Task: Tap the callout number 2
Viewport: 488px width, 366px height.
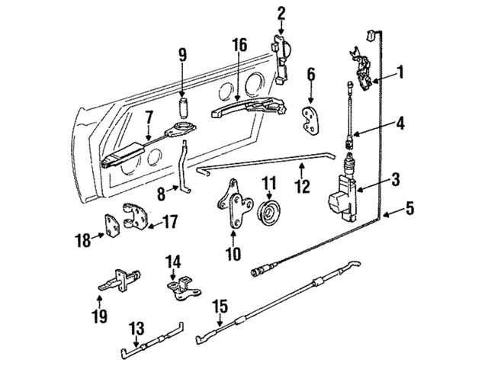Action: pyautogui.click(x=281, y=12)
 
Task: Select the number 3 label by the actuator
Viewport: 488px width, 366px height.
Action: pyautogui.click(x=394, y=180)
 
